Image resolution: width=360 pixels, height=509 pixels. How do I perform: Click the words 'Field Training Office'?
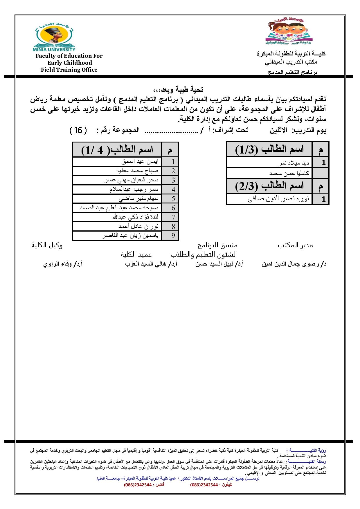pos(69,70)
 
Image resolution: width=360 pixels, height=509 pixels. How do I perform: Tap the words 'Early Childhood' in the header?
pos(70,63)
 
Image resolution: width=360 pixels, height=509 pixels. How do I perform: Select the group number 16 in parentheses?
pos(78,130)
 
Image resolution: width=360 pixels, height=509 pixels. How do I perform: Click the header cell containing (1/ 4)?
pos(117,150)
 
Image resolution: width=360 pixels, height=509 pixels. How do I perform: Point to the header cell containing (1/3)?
pos(269,149)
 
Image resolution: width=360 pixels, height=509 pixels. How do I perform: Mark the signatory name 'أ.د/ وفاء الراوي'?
pos(63,264)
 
